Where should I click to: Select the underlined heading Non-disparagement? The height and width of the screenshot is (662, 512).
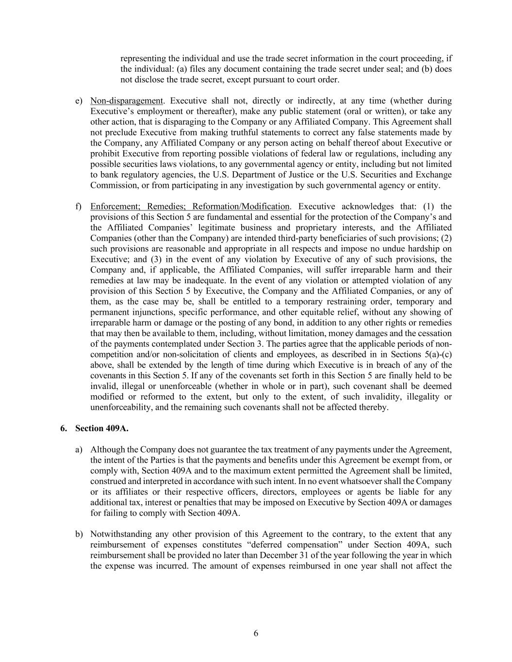click(127, 101)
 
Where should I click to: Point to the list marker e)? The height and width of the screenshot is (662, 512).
click(79, 101)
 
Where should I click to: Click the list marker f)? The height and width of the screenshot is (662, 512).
click(79, 207)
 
